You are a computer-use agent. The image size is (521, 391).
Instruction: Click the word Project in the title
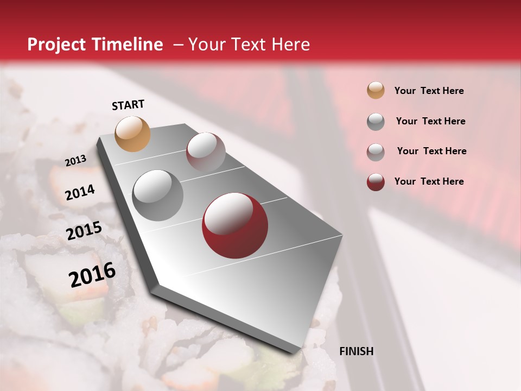pyautogui.click(x=56, y=45)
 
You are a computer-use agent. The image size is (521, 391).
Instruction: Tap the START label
pyautogui.click(x=128, y=105)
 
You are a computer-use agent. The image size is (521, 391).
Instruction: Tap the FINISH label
pyautogui.click(x=357, y=351)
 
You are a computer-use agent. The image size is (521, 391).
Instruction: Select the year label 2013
pyautogui.click(x=76, y=161)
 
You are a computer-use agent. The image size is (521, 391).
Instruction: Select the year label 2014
pyautogui.click(x=80, y=193)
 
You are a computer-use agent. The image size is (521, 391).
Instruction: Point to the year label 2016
pyautogui.click(x=92, y=274)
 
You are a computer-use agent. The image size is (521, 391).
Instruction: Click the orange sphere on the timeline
pyautogui.click(x=133, y=134)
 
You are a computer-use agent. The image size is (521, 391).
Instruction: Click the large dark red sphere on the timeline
pyautogui.click(x=235, y=225)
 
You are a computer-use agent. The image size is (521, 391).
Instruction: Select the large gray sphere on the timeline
pyautogui.click(x=158, y=195)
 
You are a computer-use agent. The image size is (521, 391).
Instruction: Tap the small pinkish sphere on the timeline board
pyautogui.click(x=206, y=150)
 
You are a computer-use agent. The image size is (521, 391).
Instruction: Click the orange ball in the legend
pyautogui.click(x=376, y=91)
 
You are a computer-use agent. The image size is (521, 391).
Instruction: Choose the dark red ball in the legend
pyautogui.click(x=376, y=182)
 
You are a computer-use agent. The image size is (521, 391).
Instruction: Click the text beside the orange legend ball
pyautogui.click(x=429, y=91)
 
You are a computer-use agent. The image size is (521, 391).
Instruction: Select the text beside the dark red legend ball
pyautogui.click(x=429, y=181)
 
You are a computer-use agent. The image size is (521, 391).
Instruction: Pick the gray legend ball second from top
pyautogui.click(x=376, y=122)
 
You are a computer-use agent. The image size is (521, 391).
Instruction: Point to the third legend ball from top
pyautogui.click(x=376, y=152)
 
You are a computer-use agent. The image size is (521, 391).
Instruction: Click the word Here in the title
pyautogui.click(x=290, y=45)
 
